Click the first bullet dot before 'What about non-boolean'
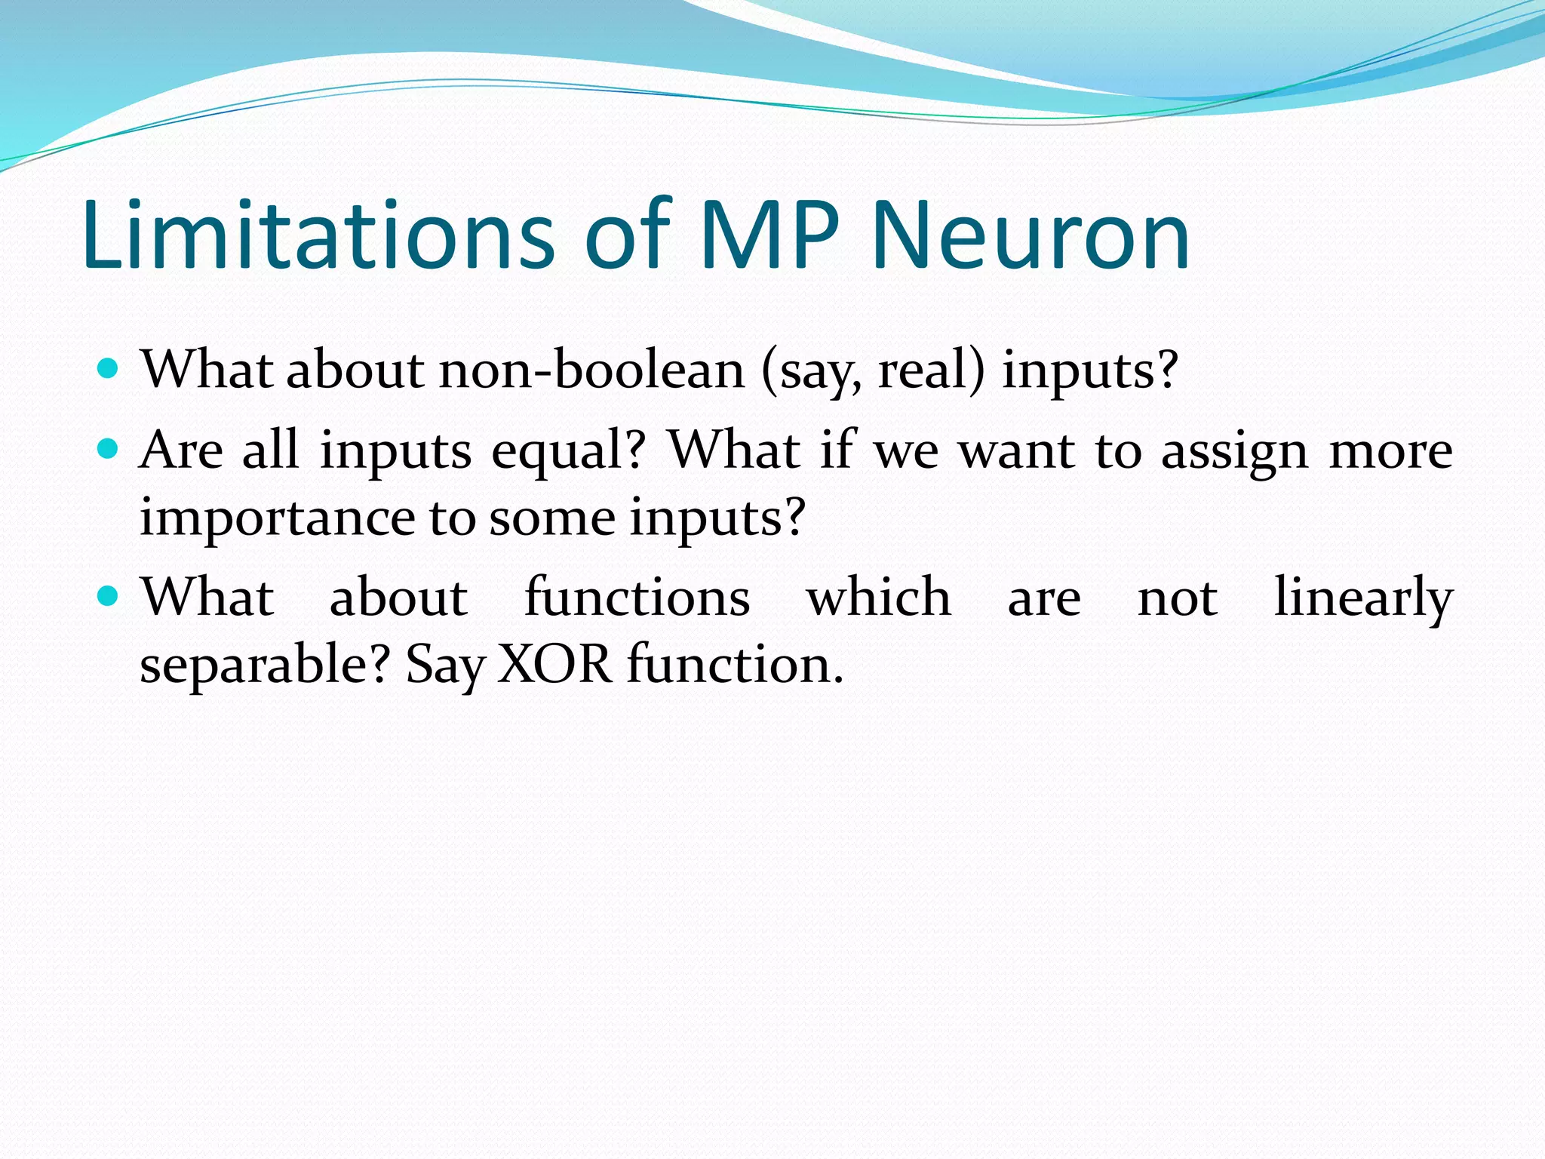(x=109, y=369)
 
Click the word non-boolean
(x=592, y=370)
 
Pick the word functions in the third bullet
(x=637, y=598)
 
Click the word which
(x=879, y=598)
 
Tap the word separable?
(x=265, y=666)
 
